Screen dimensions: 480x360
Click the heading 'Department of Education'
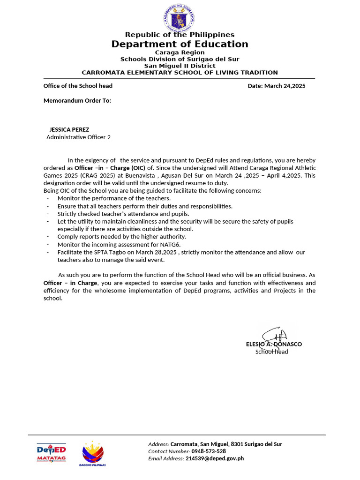180,44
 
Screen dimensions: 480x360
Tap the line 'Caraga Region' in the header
180,52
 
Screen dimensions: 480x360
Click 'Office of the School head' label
78,86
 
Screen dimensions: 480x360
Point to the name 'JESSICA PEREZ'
69,129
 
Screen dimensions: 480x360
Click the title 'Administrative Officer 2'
79,137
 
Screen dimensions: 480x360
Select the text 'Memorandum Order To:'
77,100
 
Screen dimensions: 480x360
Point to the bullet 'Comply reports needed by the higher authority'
122,237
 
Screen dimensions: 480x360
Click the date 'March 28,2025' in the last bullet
158,252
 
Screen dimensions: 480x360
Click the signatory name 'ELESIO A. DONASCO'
274,344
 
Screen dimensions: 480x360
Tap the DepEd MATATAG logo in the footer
51,453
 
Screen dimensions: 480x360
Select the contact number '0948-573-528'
209,451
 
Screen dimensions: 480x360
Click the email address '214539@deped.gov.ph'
215,458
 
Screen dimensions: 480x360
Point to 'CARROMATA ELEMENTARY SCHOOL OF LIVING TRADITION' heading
180,73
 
